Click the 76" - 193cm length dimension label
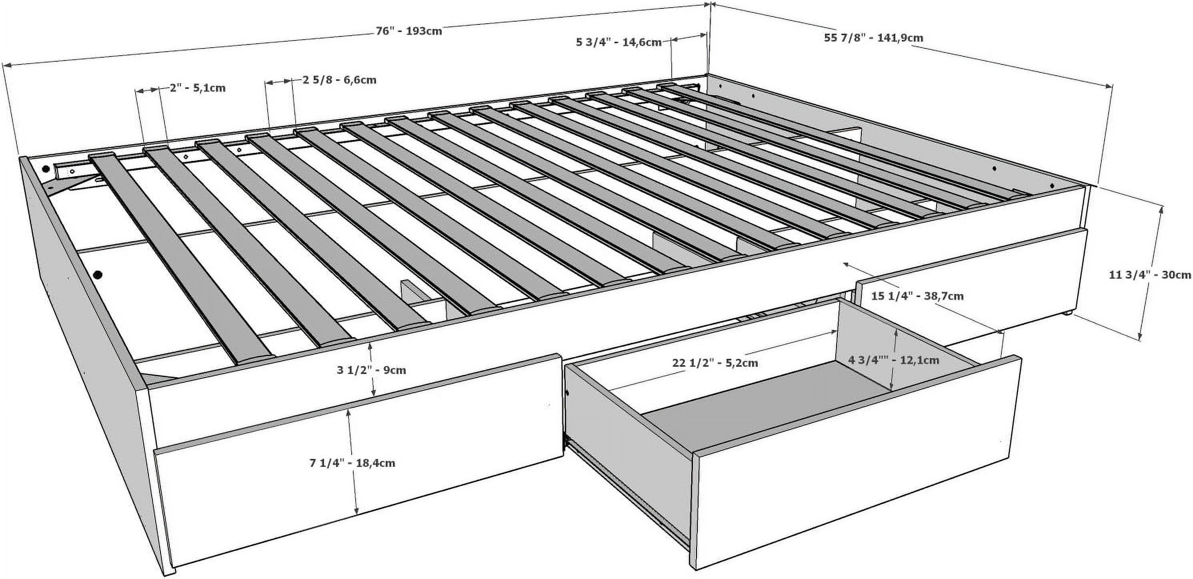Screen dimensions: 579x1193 pyautogui.click(x=408, y=31)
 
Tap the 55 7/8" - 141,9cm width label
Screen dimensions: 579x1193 pyautogui.click(x=873, y=38)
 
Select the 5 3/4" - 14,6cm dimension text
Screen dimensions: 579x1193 pyautogui.click(x=618, y=42)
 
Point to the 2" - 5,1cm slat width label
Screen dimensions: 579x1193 pyautogui.click(x=198, y=88)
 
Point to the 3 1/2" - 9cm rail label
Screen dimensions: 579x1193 pyautogui.click(x=371, y=370)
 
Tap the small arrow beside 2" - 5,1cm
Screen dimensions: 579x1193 pyautogui.click(x=147, y=90)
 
